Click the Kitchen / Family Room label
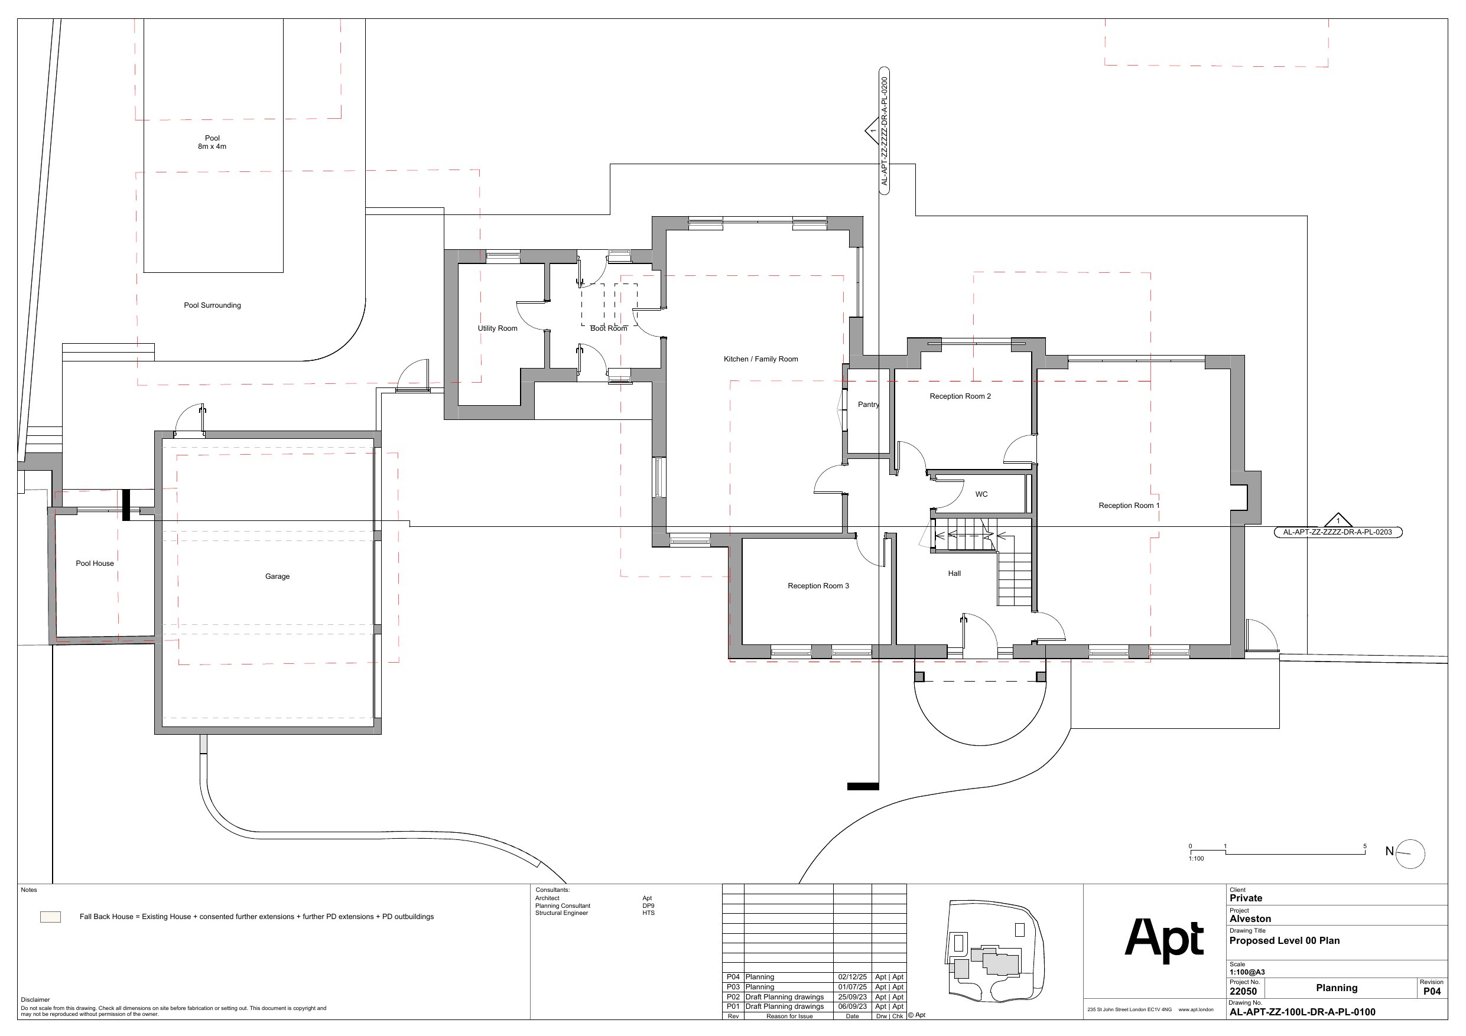click(x=760, y=359)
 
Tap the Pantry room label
click(x=869, y=405)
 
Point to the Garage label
click(x=277, y=576)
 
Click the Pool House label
click(x=95, y=563)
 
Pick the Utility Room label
click(x=498, y=329)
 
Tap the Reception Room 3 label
click(x=818, y=586)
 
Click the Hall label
click(x=954, y=574)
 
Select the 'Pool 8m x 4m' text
click(x=212, y=142)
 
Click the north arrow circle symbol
click(x=1410, y=854)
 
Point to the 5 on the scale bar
click(x=1365, y=846)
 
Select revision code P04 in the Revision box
click(x=1432, y=991)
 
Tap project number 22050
click(x=1243, y=991)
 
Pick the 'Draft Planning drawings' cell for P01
click(x=784, y=1006)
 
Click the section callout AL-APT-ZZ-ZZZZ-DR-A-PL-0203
click(x=1338, y=532)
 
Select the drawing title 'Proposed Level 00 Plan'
click(x=1285, y=940)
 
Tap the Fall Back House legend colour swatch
click(x=50, y=917)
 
